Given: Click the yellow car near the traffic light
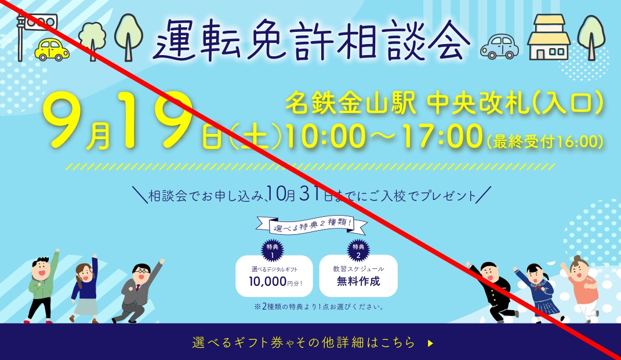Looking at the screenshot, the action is [52, 50].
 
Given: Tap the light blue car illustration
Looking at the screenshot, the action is [499, 47].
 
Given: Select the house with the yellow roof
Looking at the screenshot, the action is [549, 37].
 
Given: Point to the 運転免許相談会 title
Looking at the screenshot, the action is [311, 40].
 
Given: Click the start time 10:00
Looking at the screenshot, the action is [325, 136].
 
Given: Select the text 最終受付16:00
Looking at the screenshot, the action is [545, 141].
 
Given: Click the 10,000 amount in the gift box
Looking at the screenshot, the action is [268, 282].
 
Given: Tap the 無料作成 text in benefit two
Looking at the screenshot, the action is [358, 281].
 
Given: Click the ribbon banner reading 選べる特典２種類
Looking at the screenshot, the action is [311, 226].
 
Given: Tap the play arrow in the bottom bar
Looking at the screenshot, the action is [430, 343].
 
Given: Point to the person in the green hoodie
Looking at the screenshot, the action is [41, 286].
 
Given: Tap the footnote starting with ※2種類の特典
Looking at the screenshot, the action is [319, 307].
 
